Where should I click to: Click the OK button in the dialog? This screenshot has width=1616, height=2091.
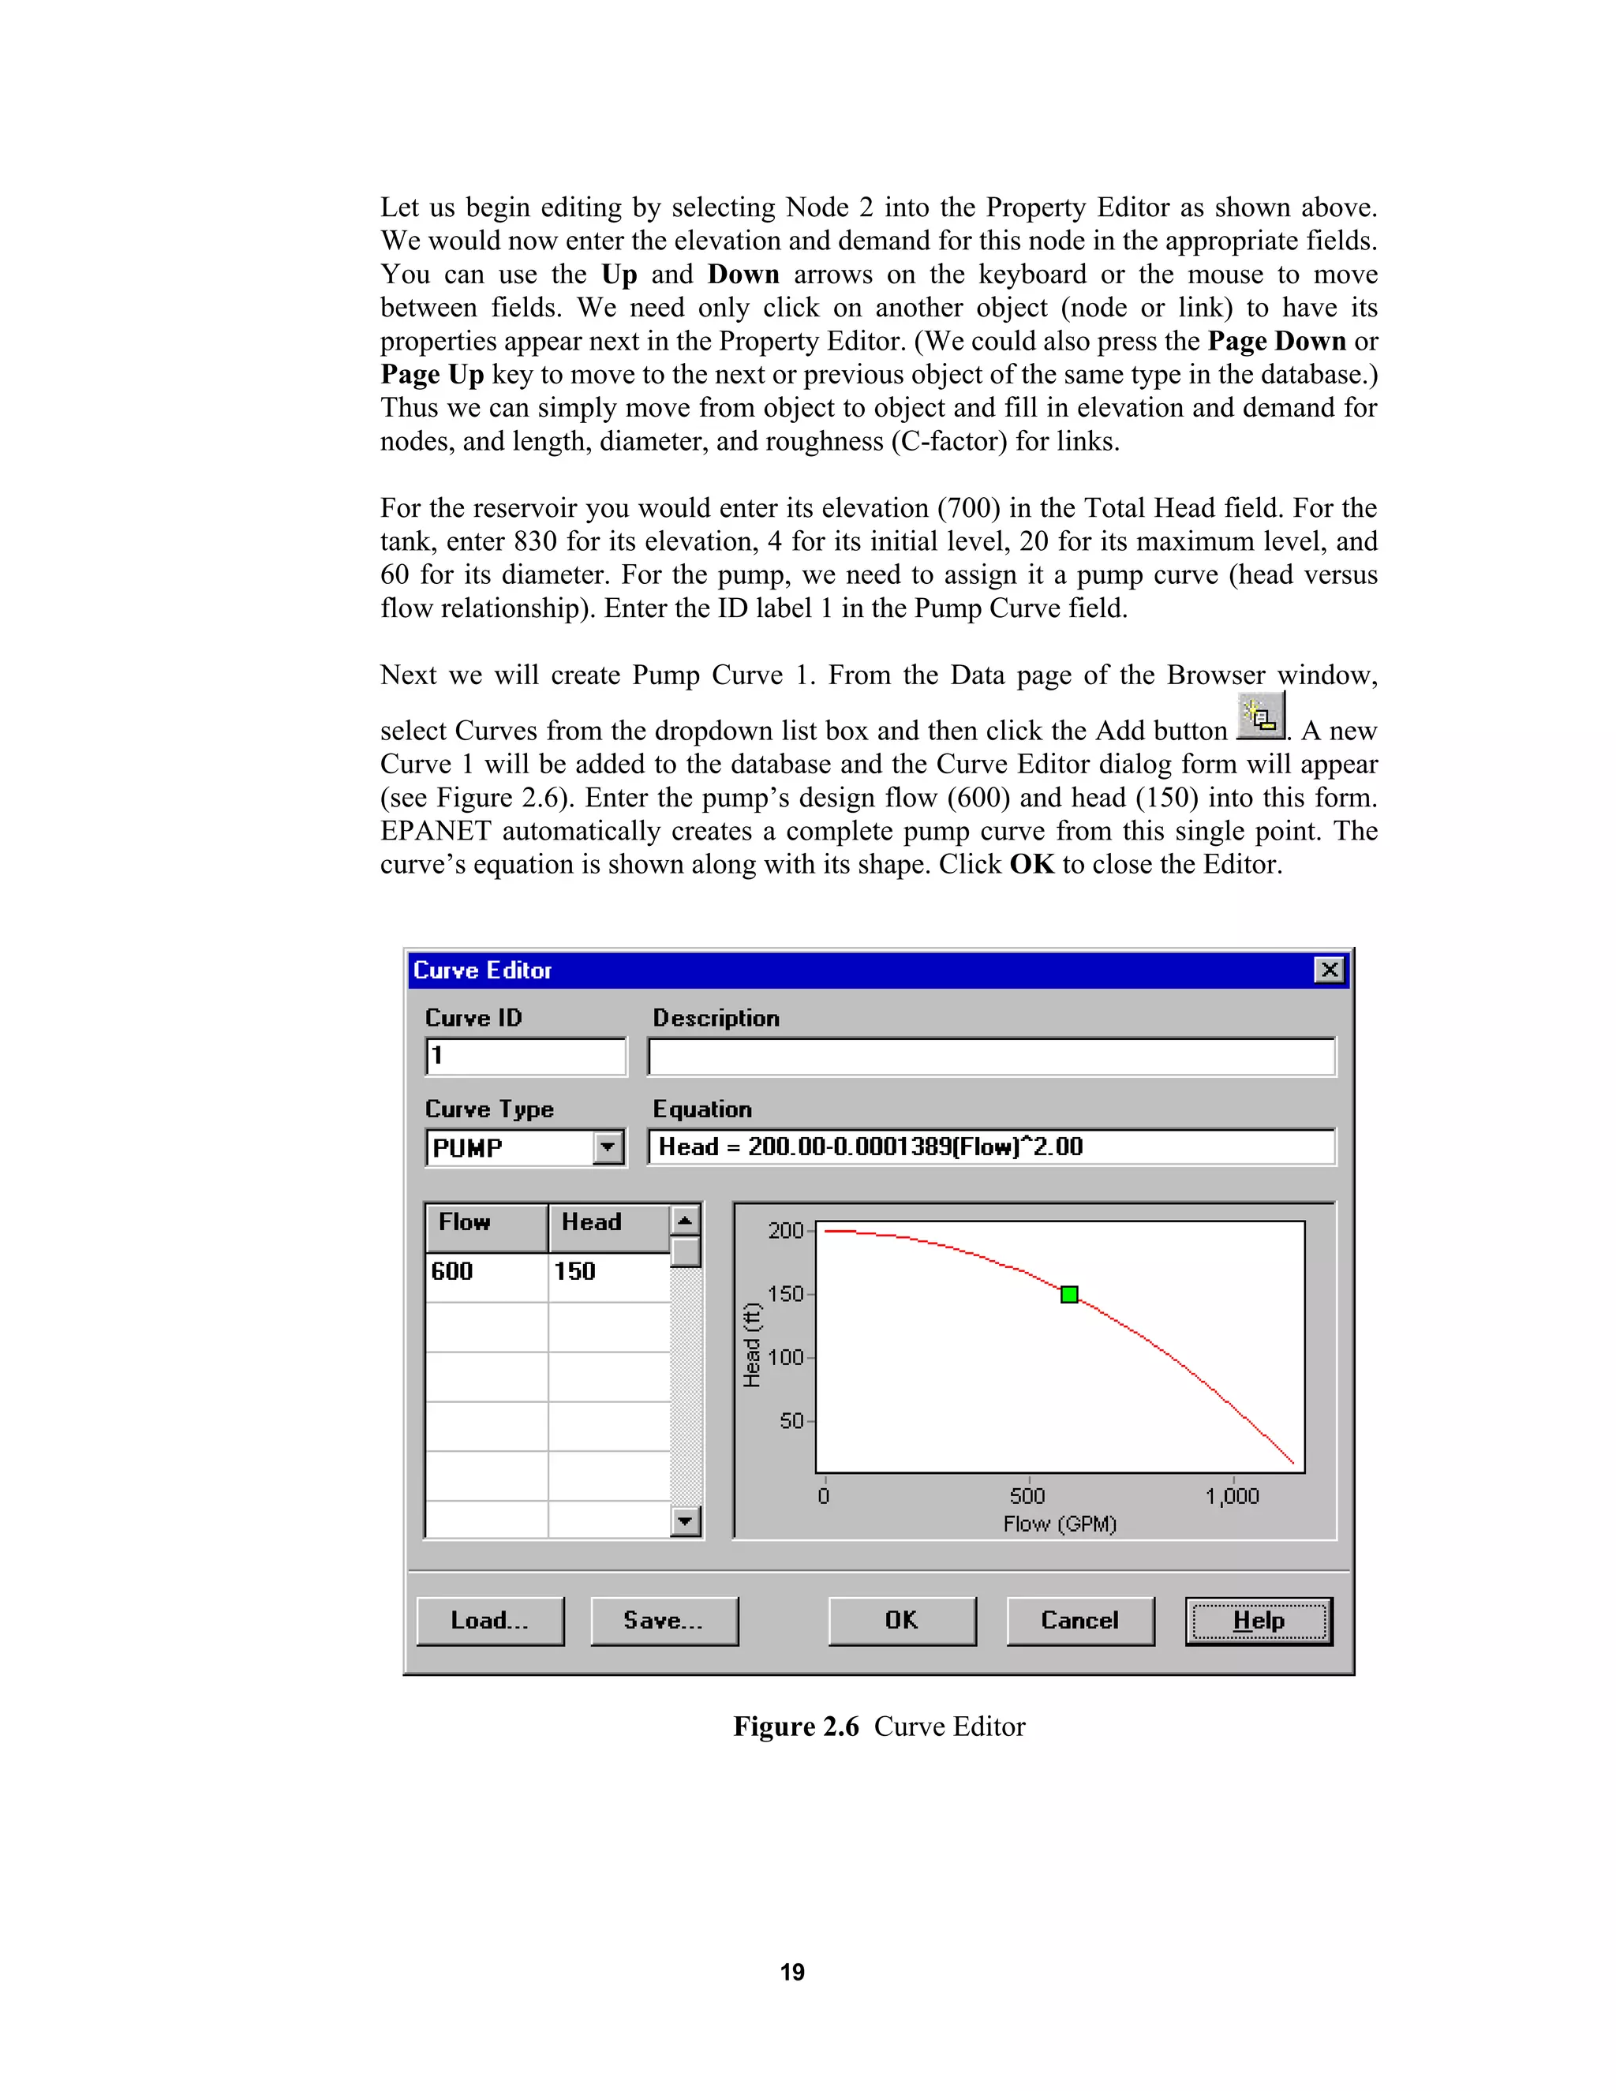(902, 1621)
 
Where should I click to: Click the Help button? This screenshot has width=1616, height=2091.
(1258, 1621)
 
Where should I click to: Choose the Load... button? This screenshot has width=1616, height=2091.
(490, 1621)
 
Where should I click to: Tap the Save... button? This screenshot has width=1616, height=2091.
(664, 1621)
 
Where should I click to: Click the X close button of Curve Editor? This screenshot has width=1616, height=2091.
(1329, 970)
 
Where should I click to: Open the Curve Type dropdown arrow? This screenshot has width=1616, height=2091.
(608, 1147)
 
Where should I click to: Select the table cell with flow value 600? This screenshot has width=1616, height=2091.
(485, 1273)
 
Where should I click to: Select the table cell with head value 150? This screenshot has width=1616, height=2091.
(607, 1273)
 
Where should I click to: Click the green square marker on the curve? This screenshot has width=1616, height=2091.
(1069, 1294)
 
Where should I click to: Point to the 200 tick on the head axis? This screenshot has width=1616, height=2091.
(786, 1230)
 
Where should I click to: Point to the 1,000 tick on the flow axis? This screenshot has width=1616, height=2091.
(1232, 1496)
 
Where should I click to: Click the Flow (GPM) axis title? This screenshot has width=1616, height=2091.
(1060, 1523)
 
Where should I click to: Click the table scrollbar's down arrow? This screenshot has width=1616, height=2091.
(686, 1521)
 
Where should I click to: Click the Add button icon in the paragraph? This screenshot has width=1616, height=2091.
(1260, 715)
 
